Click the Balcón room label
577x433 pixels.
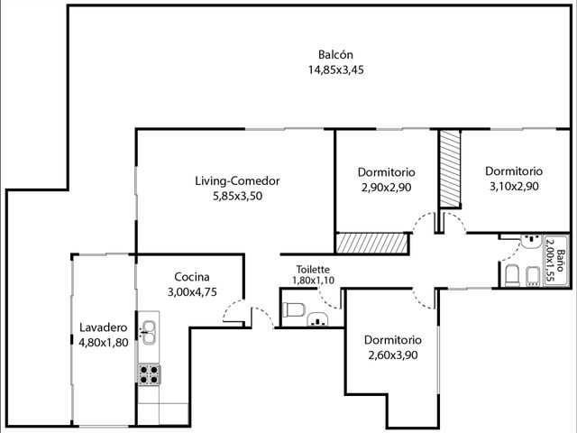click(335, 54)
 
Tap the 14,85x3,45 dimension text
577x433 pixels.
click(336, 70)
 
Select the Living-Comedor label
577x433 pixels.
click(237, 181)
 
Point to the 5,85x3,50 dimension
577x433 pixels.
click(238, 196)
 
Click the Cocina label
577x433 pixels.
click(192, 277)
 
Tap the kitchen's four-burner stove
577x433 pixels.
click(149, 374)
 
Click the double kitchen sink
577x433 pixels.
click(148, 332)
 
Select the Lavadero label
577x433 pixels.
click(104, 327)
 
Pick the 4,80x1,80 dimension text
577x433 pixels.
click(104, 343)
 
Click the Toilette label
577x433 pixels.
click(313, 269)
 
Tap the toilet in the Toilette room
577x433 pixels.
click(293, 309)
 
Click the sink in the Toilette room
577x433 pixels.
click(317, 319)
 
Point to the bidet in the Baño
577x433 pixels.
click(533, 276)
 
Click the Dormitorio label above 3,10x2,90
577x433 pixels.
click(514, 171)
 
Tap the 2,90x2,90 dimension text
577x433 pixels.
click(387, 188)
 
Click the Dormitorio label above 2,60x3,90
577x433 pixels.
click(393, 339)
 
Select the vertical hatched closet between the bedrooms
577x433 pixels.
click(450, 169)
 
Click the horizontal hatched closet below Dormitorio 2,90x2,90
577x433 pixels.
click(372, 244)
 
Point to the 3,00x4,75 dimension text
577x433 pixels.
click(192, 292)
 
